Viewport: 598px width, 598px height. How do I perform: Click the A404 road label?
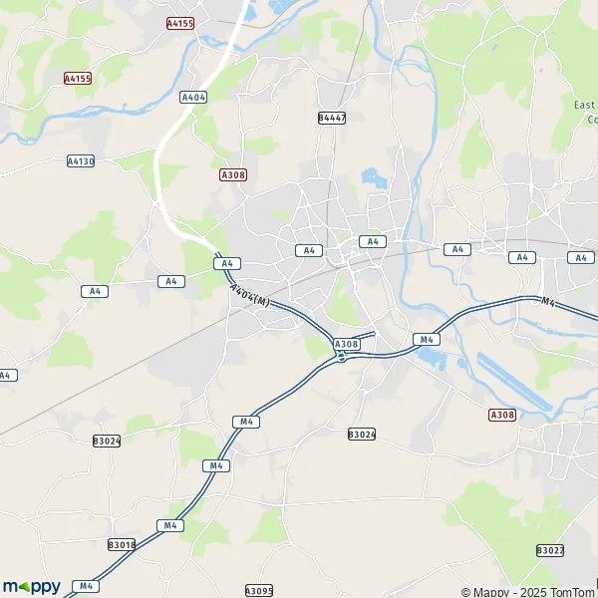pyautogui.click(x=193, y=97)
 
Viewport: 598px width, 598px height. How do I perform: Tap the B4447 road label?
pyautogui.click(x=332, y=118)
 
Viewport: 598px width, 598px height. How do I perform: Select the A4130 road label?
pyautogui.click(x=81, y=160)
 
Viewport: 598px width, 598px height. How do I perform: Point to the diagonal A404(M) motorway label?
pyautogui.click(x=249, y=297)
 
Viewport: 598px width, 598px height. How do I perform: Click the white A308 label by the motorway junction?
pyautogui.click(x=346, y=344)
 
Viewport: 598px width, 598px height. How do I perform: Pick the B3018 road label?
pyautogui.click(x=121, y=545)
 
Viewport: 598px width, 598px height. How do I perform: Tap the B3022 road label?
pyautogui.click(x=550, y=550)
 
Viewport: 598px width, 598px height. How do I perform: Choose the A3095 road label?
pyautogui.click(x=258, y=590)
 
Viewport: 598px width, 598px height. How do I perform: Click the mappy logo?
pyautogui.click(x=32, y=586)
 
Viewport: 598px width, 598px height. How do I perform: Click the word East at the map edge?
pyautogui.click(x=585, y=105)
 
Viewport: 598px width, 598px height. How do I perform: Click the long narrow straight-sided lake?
pyautogui.click(x=513, y=383)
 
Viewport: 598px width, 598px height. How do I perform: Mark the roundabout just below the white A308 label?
pyautogui.click(x=342, y=359)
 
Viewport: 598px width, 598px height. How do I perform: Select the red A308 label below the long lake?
pyautogui.click(x=502, y=415)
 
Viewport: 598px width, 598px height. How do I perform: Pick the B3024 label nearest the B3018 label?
pyautogui.click(x=106, y=441)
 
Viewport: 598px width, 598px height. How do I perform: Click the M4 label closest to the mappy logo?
pyautogui.click(x=87, y=586)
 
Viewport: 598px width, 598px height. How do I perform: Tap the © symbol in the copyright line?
pyautogui.click(x=465, y=592)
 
